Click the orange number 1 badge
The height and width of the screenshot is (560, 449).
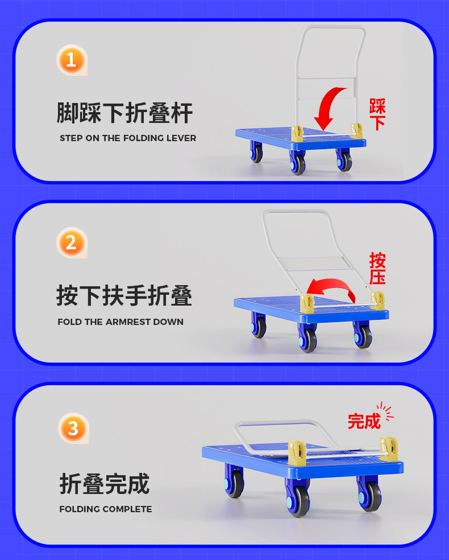click(x=71, y=60)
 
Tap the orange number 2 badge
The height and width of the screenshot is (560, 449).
click(x=71, y=243)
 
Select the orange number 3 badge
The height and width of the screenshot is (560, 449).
click(x=73, y=427)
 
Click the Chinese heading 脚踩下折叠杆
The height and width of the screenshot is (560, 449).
click(x=124, y=113)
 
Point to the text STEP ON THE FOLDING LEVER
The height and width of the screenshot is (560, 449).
click(x=128, y=138)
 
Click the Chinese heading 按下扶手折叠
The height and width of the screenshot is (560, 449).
click(x=124, y=296)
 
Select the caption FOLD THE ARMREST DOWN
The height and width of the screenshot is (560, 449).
click(x=120, y=322)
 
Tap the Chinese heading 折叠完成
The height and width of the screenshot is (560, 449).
click(x=105, y=483)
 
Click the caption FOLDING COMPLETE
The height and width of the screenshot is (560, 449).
click(x=106, y=509)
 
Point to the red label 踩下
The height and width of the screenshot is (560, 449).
click(x=377, y=114)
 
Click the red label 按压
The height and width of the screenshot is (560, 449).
click(x=377, y=269)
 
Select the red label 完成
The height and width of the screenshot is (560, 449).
click(x=364, y=421)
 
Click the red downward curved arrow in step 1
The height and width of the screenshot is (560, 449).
click(x=329, y=108)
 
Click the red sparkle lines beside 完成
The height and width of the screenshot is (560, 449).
click(x=386, y=412)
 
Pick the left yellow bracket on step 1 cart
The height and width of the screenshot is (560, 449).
click(x=297, y=133)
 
